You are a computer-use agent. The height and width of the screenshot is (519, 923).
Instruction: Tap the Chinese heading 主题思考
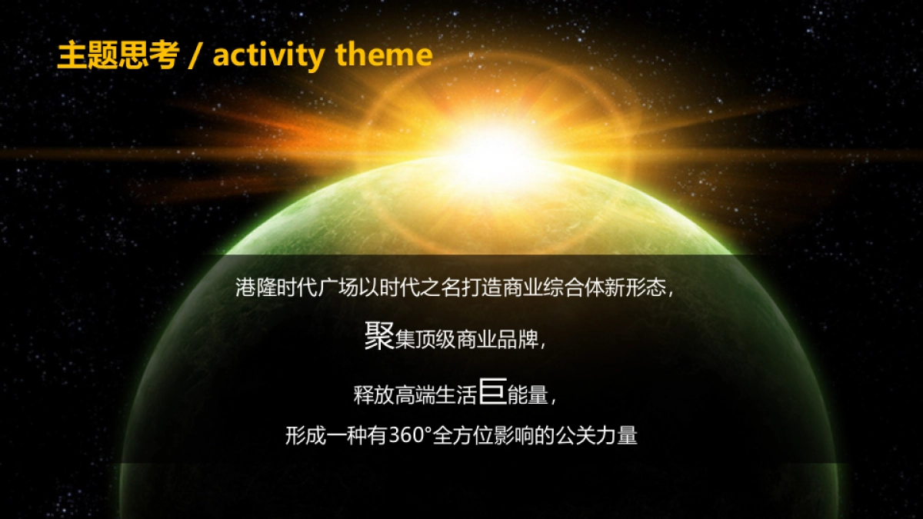coord(118,55)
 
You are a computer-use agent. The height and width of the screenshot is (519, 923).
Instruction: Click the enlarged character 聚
coord(378,338)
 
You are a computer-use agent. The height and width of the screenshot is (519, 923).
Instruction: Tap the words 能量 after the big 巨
coord(528,395)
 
